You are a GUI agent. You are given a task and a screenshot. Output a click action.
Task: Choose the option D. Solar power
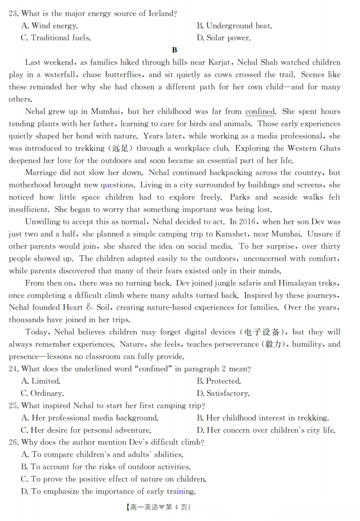tap(223, 38)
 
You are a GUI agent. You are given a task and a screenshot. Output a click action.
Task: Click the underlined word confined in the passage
tap(260, 111)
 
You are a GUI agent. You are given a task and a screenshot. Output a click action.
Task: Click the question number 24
tap(13, 369)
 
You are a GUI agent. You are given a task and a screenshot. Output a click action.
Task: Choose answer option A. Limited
tap(41, 381)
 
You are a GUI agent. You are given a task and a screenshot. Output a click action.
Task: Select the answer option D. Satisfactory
tap(223, 394)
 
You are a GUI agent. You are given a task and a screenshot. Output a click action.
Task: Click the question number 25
tap(13, 406)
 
